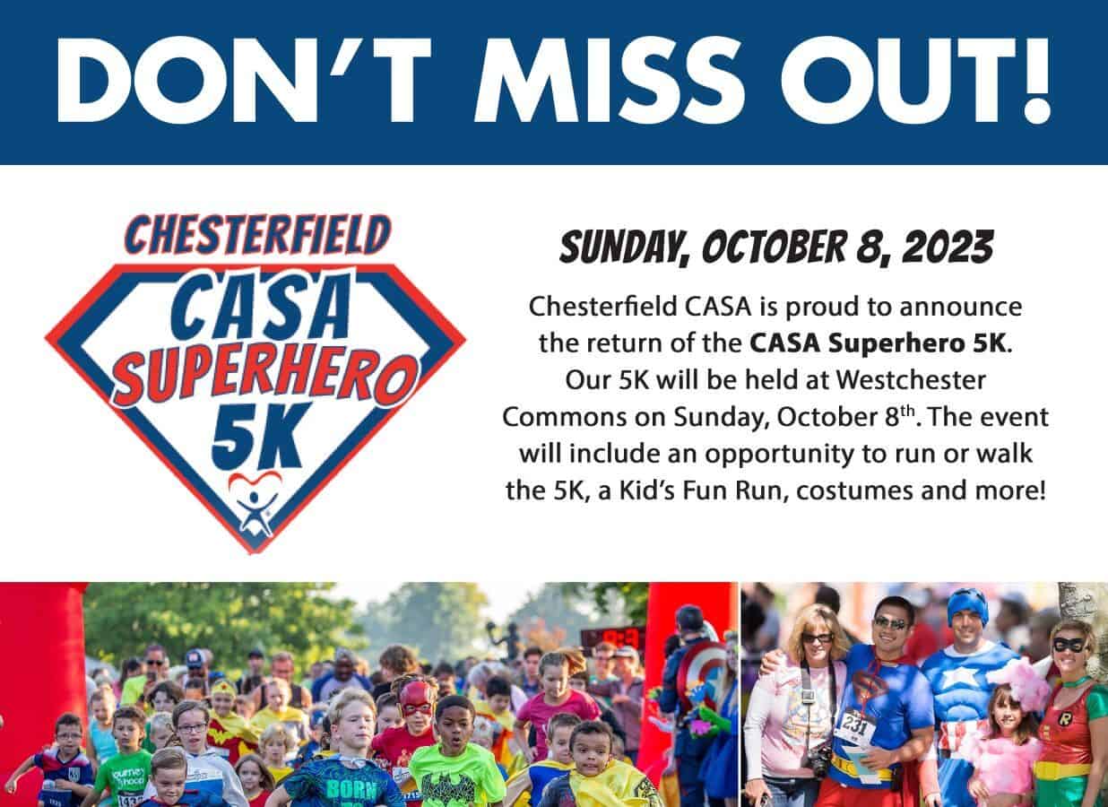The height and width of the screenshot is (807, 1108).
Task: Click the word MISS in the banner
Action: coord(610,80)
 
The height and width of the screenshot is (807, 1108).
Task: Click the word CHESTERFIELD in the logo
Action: coord(257,235)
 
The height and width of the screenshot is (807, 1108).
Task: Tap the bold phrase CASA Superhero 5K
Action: coord(878,343)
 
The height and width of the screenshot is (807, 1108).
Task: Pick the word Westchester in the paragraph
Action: coord(911,380)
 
